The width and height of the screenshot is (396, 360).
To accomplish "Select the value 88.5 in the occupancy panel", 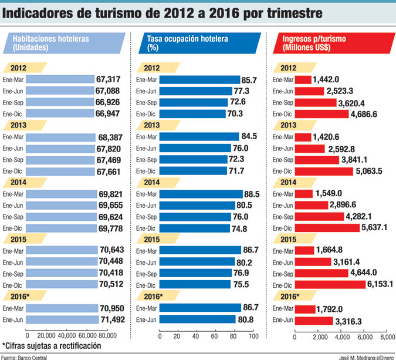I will [x=254, y=194].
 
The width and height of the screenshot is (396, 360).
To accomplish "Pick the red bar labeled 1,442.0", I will [x=302, y=80].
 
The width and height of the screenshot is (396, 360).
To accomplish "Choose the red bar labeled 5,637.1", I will [x=329, y=228].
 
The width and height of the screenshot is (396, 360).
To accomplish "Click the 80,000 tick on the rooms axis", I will [x=106, y=336].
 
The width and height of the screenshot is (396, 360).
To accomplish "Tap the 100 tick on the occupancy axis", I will [x=253, y=336].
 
